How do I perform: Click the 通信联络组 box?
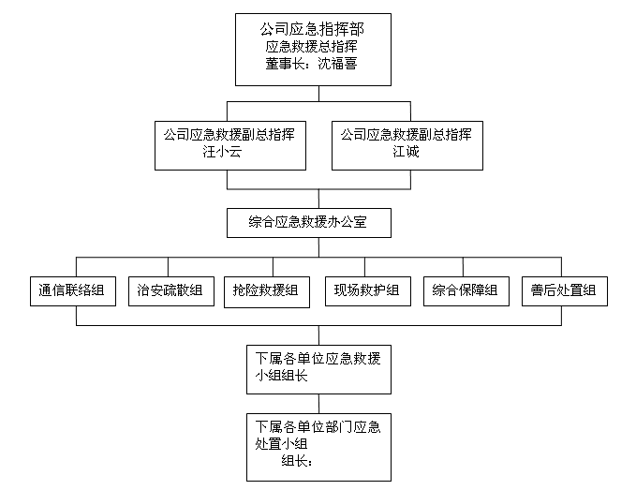coord(73,291)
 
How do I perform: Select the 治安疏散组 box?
coord(171,291)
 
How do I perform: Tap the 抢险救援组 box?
coord(267,292)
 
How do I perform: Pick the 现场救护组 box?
coord(368,291)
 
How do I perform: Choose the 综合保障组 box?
coord(466,291)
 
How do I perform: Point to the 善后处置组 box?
coord(565,291)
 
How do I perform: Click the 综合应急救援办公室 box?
coord(309,223)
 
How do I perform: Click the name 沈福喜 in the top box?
coord(337,64)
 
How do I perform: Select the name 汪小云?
coord(222,151)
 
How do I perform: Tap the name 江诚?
coord(406,151)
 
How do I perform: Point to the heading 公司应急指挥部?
coord(312,29)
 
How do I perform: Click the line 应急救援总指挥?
coord(312,46)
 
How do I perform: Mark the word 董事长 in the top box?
coord(285,64)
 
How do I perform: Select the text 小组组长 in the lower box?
coord(281,376)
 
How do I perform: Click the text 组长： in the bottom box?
coord(297,461)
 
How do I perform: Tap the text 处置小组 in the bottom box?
coord(281,444)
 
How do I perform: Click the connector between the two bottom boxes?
coord(318,404)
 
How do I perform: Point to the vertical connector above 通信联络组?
coord(76,267)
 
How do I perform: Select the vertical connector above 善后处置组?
coord(561,267)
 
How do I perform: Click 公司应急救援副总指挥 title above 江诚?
coord(406,134)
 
